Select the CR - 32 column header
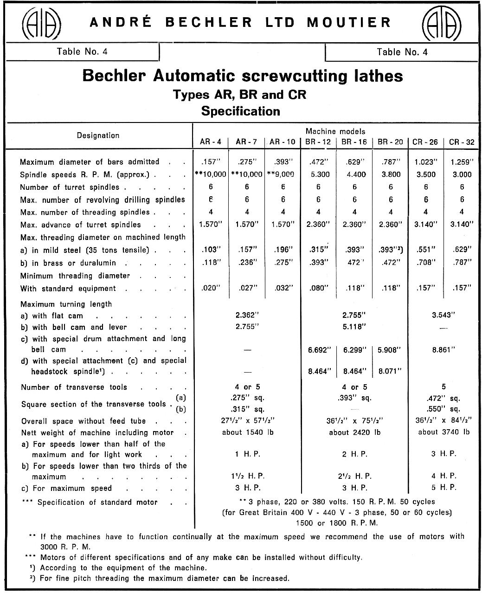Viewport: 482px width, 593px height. tap(462, 142)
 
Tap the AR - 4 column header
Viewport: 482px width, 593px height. tap(211, 142)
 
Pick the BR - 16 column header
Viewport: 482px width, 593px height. tap(354, 142)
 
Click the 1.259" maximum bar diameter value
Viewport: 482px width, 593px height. tap(462, 162)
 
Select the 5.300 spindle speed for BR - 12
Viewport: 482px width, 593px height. tap(318, 174)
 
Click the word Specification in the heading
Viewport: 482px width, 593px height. tap(240, 111)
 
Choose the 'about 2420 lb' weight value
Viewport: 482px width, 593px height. tap(354, 432)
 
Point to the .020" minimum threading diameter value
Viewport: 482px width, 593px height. tap(211, 288)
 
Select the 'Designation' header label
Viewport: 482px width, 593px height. tap(98, 135)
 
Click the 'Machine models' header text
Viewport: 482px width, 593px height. tap(335, 132)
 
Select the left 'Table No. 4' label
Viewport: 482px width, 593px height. tap(82, 52)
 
